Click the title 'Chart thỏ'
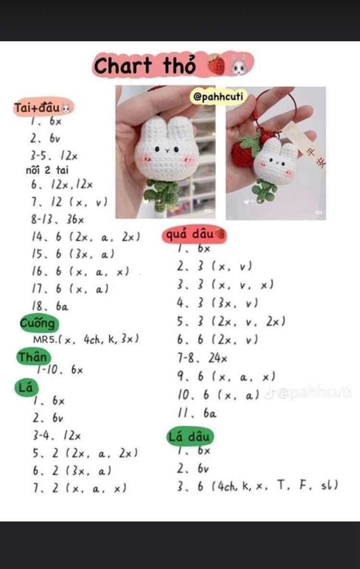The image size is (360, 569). (145, 66)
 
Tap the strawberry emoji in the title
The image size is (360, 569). (216, 65)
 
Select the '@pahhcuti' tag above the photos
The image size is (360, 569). (218, 97)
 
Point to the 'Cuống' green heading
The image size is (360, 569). (38, 323)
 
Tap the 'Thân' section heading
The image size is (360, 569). (33, 357)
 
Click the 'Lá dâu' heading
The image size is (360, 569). (189, 437)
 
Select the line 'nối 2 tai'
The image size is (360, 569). (47, 169)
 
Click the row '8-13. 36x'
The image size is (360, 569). (58, 219)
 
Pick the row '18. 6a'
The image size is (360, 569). (50, 306)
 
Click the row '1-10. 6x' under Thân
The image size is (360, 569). (60, 370)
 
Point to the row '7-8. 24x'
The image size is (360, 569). (202, 358)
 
